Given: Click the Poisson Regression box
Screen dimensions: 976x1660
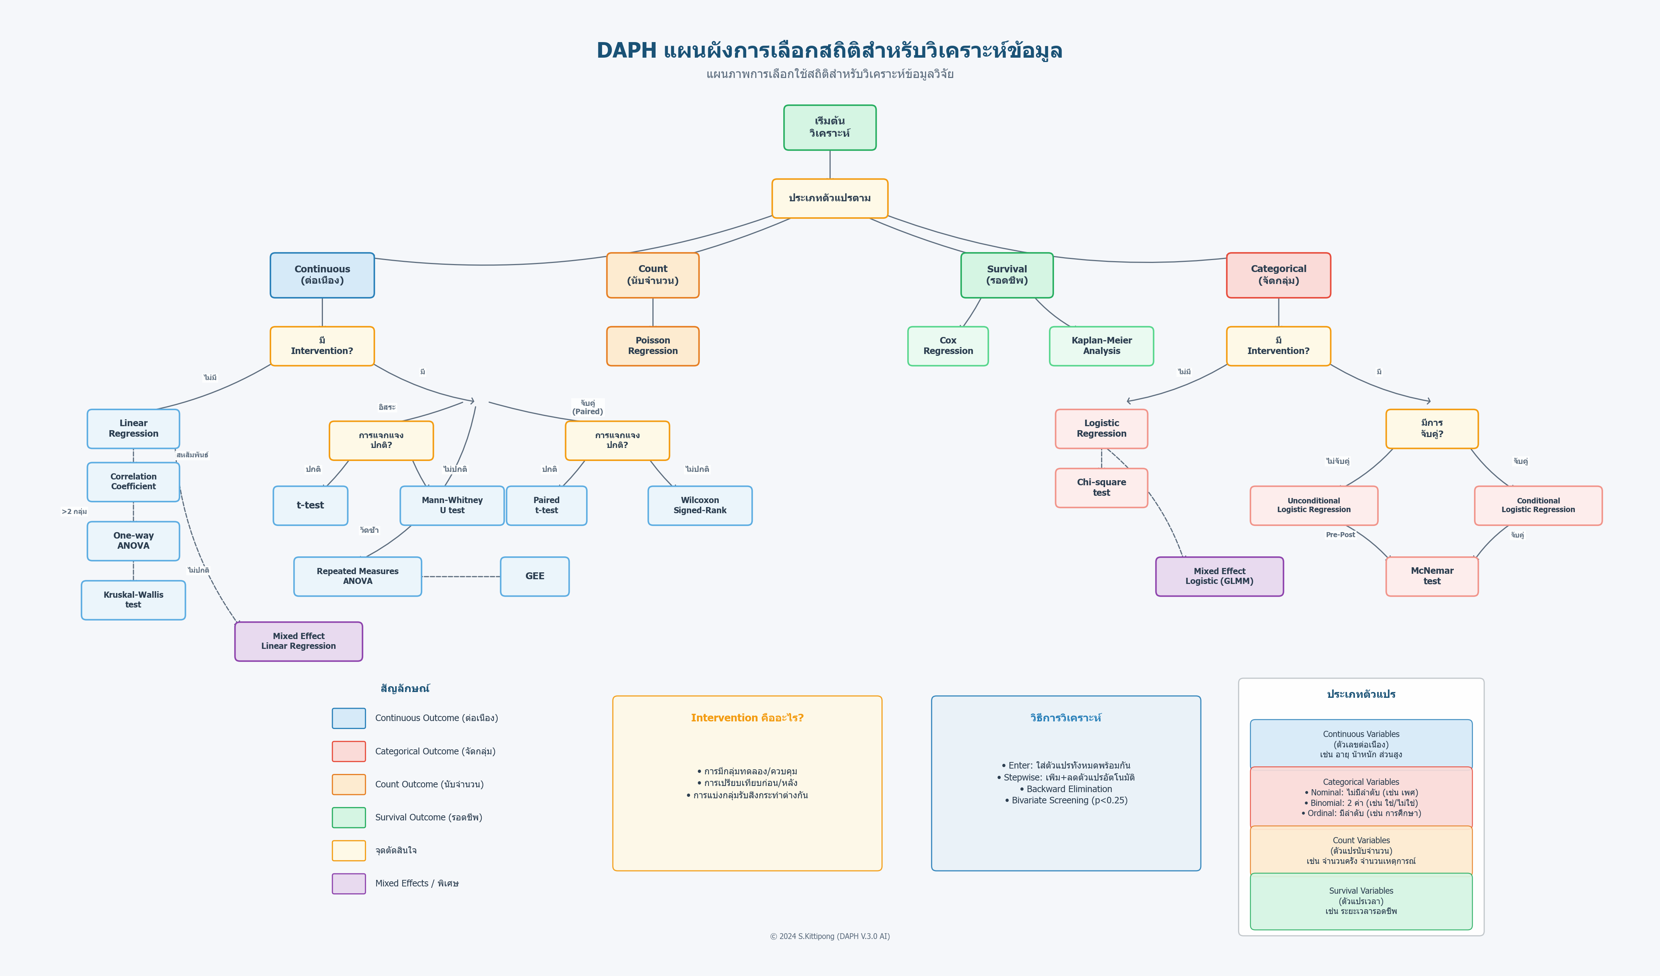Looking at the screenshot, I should click(x=652, y=346).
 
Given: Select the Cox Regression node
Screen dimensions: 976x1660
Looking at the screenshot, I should click(x=947, y=346).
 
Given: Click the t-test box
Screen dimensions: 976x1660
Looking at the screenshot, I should click(x=310, y=506).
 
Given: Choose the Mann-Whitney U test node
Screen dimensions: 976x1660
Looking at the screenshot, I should click(x=452, y=506).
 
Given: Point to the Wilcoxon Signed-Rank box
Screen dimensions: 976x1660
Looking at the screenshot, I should click(x=700, y=506).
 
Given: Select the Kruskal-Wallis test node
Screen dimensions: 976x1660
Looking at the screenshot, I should click(x=133, y=600).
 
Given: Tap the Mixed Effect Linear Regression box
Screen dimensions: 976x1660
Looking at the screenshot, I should click(x=298, y=641).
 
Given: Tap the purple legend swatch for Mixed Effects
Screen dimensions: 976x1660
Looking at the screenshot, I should click(x=348, y=883).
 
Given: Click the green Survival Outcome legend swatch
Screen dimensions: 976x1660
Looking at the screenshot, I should click(x=348, y=817).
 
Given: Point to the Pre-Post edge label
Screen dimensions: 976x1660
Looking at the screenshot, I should click(x=1340, y=535).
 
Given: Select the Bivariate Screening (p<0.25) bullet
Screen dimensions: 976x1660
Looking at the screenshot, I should click(x=1066, y=800).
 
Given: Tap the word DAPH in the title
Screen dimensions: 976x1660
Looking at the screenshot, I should click(x=626, y=51).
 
